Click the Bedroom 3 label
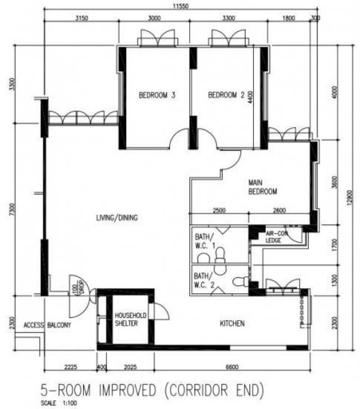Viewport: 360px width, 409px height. click(x=157, y=95)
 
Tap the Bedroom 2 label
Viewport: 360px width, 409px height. click(x=226, y=95)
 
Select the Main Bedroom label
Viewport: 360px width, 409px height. click(x=262, y=187)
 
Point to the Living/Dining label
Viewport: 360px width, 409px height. click(x=117, y=218)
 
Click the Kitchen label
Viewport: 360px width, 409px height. click(x=232, y=323)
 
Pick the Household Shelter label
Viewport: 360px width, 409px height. click(x=130, y=319)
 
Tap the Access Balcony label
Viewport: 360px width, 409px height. click(x=47, y=325)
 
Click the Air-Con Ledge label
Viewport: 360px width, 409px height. click(x=276, y=236)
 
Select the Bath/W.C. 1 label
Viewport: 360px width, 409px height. click(x=205, y=241)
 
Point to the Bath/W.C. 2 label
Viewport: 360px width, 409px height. click(x=204, y=281)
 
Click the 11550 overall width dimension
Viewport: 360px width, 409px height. click(x=180, y=5)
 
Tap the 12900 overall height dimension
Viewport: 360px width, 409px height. click(x=350, y=198)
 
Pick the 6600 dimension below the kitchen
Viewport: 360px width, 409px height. click(x=232, y=367)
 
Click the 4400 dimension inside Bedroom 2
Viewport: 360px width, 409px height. click(x=250, y=97)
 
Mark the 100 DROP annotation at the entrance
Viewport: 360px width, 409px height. click(x=77, y=287)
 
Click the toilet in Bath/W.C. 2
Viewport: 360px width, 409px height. click(x=241, y=282)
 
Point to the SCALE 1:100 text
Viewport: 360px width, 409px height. click(x=59, y=403)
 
